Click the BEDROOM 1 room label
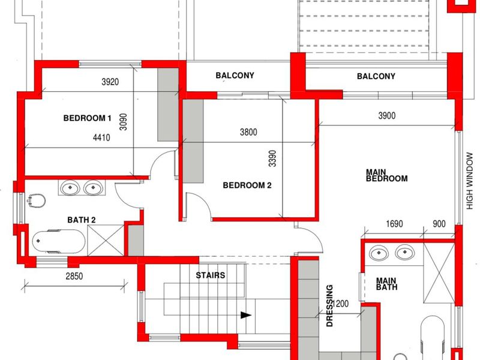88,118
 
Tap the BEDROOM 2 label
247,185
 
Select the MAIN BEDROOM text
386,175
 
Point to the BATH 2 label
82,220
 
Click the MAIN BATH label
388,284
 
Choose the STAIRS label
211,276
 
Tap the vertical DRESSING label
329,305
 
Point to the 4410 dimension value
102,137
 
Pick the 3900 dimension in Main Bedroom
386,116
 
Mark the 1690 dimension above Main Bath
394,224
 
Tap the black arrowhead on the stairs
244,314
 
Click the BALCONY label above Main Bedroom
376,76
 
